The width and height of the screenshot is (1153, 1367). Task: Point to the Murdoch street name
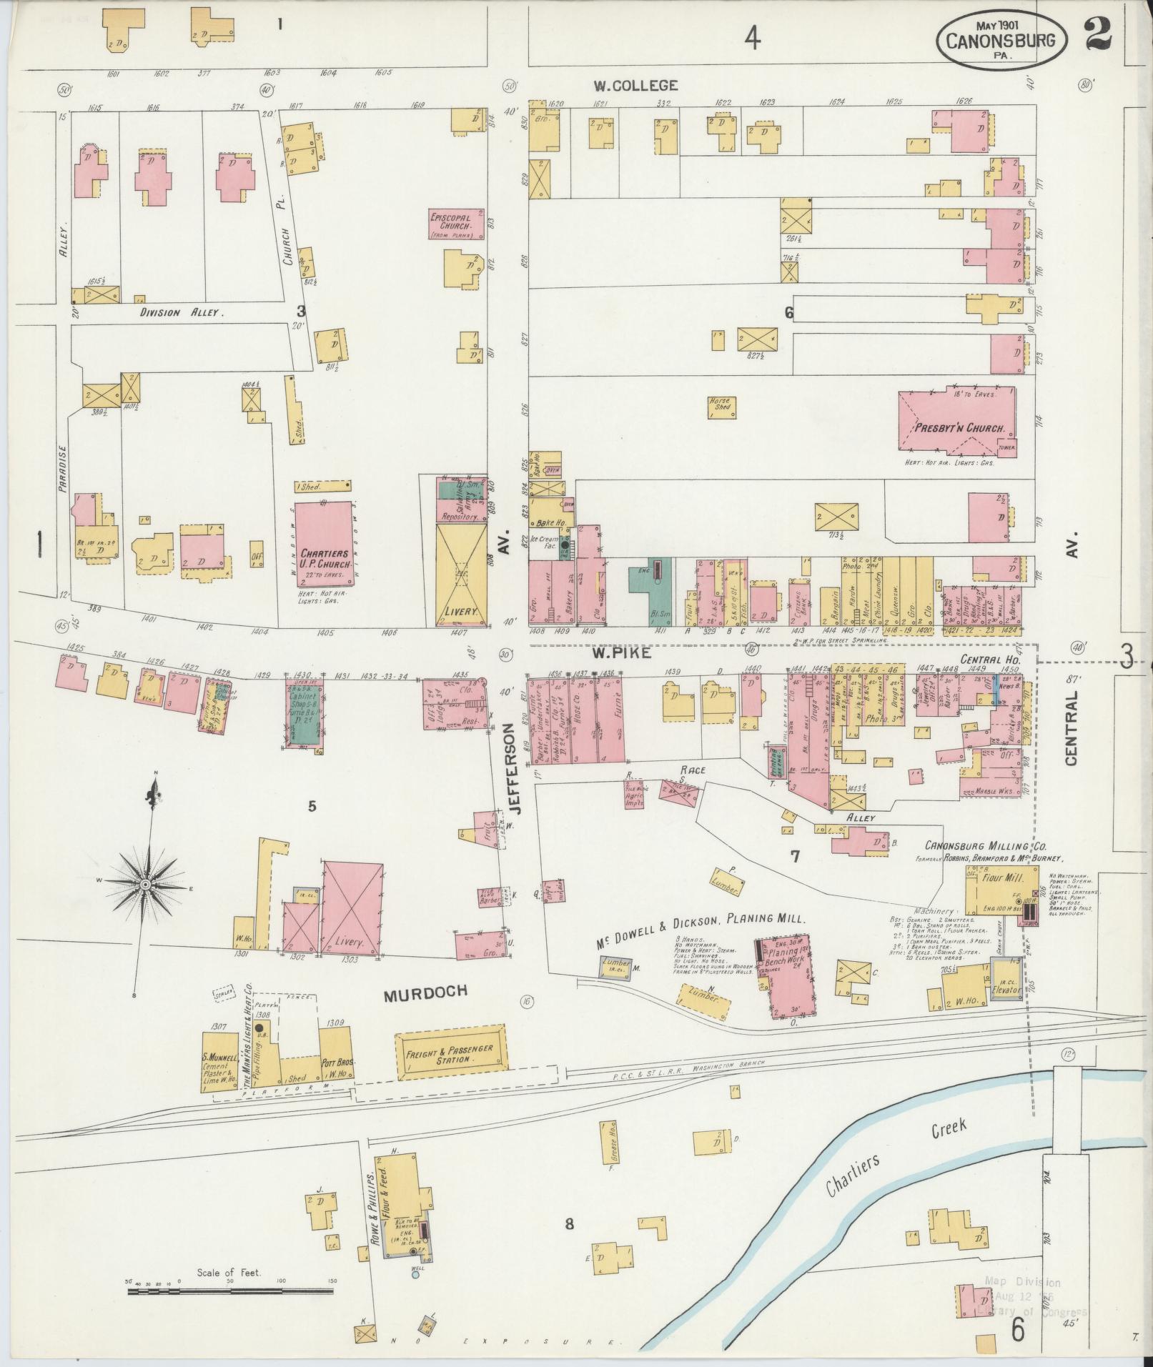click(x=425, y=990)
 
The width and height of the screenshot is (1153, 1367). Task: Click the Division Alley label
click(x=182, y=312)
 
